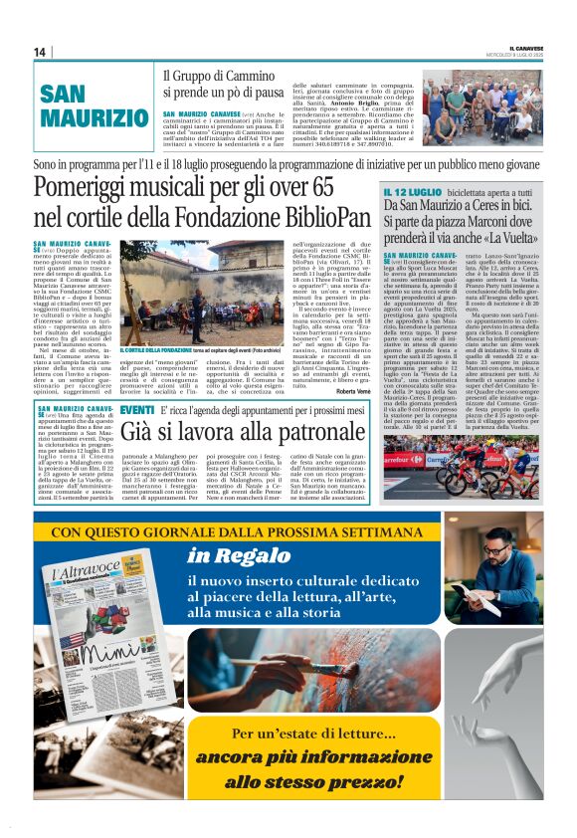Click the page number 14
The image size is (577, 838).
coord(40,52)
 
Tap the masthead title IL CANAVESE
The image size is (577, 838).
coord(522,47)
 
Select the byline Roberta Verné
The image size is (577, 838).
coord(354,392)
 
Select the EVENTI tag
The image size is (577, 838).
coord(136,409)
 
